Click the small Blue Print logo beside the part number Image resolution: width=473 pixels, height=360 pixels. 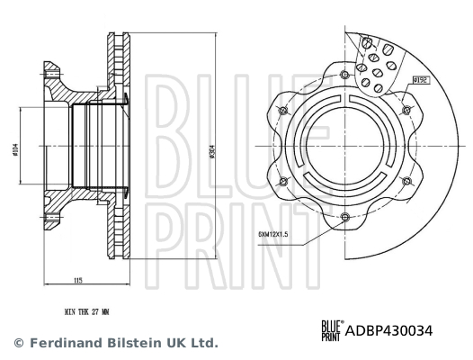pos(331,330)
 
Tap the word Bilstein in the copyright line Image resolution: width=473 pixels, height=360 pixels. pos(124,343)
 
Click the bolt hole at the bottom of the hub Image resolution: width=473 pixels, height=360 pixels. pos(344,216)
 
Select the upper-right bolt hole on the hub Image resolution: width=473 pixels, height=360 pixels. pos(406,110)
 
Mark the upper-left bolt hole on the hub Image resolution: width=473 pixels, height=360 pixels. pos(284,110)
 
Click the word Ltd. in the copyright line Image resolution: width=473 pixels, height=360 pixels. pos(204,343)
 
